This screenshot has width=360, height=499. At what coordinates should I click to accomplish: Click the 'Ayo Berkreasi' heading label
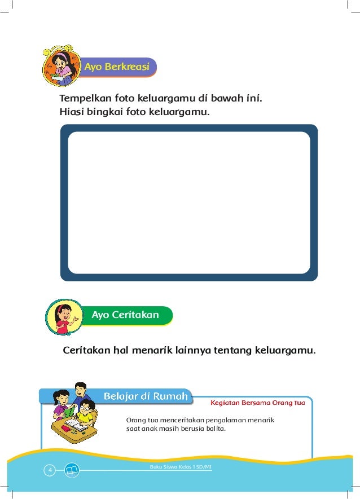click(x=117, y=67)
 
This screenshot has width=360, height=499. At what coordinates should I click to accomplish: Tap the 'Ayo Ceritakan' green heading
click(x=125, y=315)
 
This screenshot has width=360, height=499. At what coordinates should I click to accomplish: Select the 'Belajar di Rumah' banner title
click(x=145, y=396)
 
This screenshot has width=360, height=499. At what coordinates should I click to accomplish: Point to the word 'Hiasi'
click(x=71, y=112)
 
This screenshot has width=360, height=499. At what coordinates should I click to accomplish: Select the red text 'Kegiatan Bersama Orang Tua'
click(x=257, y=403)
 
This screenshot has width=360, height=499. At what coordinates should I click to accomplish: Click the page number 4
click(x=50, y=469)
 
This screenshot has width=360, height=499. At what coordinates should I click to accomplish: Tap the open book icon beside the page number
click(x=72, y=469)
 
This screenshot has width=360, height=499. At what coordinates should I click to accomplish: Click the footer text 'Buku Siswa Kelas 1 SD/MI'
click(x=181, y=467)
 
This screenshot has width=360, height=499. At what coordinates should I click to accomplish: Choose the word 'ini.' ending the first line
click(x=254, y=99)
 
